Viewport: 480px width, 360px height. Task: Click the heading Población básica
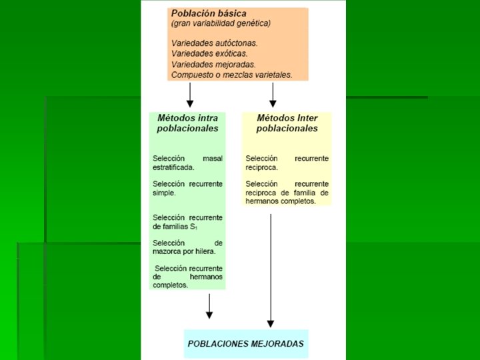pos(209,13)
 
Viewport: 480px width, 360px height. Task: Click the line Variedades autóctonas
pos(214,43)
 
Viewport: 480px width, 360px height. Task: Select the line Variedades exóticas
pos(209,53)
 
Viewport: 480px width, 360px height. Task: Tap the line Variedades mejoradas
pos(213,64)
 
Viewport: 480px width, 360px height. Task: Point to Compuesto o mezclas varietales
pos(231,75)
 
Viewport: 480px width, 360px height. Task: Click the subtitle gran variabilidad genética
pos(221,23)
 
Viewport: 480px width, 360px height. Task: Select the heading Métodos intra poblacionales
pos(187,123)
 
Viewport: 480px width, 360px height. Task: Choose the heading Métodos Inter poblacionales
pos(287,123)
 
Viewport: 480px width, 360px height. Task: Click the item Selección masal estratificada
pos(187,163)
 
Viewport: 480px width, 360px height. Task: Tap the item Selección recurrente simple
pos(187,188)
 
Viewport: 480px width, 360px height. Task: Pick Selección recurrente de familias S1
pos(187,222)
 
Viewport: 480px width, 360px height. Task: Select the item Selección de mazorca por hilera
pos(187,247)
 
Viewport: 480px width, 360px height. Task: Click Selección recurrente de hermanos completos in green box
pos(187,277)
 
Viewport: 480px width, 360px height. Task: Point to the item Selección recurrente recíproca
pos(287,163)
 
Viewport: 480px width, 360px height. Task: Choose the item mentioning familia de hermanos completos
pos(287,192)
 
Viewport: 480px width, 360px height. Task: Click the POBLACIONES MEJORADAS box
pos(246,344)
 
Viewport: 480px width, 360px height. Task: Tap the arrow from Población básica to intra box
pos(190,94)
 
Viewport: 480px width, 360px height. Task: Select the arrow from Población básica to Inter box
pos(273,94)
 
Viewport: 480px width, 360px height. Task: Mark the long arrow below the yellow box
pos(270,267)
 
